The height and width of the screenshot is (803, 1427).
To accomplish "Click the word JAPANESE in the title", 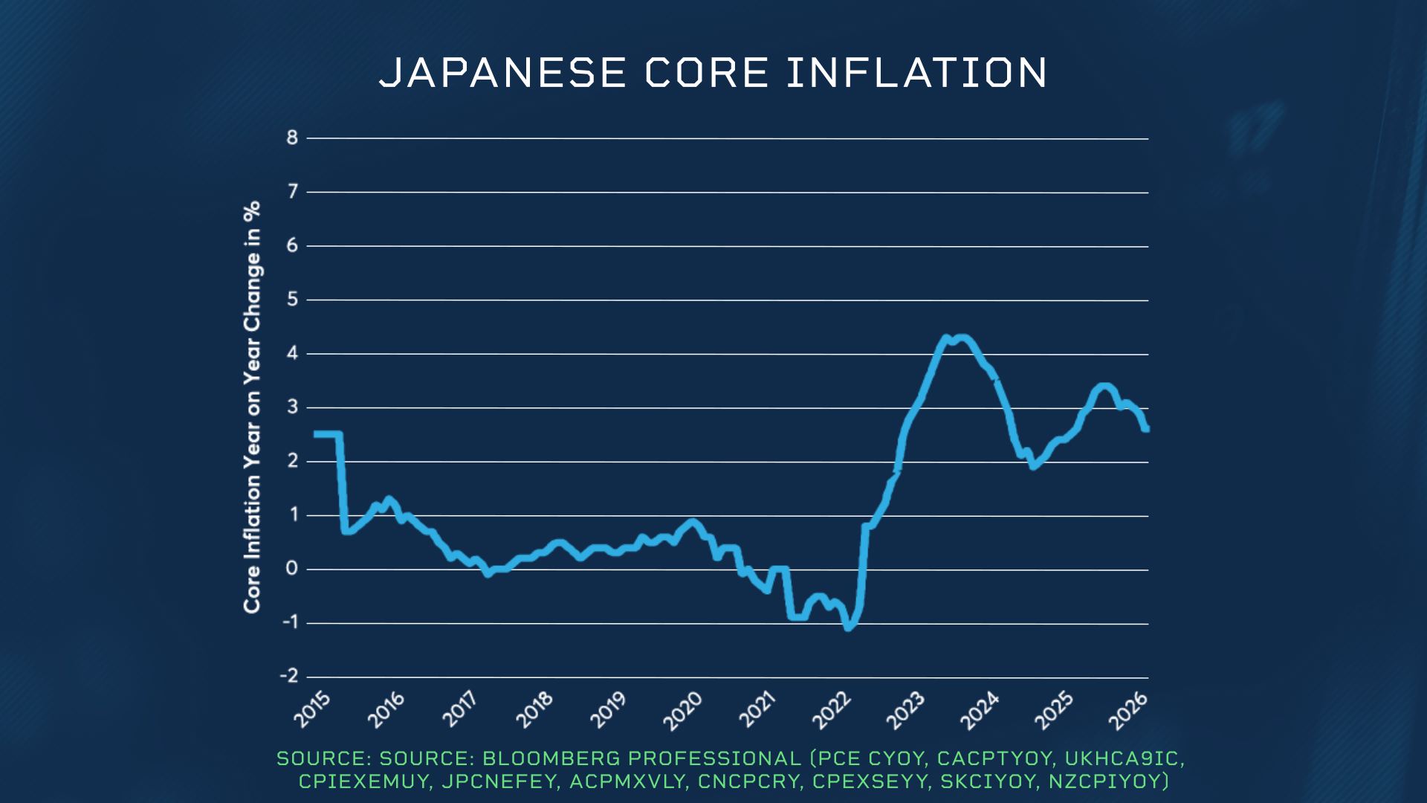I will click(502, 73).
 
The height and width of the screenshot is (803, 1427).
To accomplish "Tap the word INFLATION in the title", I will click(916, 73).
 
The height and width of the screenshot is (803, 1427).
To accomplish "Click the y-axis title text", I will click(253, 407).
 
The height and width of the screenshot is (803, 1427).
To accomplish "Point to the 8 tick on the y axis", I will click(292, 138).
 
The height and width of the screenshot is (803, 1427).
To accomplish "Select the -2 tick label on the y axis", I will click(289, 676).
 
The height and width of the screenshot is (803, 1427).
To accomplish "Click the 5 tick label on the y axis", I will click(292, 299).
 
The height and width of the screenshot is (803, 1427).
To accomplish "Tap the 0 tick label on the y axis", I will click(292, 569).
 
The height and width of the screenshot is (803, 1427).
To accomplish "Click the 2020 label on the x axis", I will click(683, 709).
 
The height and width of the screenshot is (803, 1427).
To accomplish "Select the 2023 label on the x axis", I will click(905, 709).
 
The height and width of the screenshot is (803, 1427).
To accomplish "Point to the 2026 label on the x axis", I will click(1128, 709).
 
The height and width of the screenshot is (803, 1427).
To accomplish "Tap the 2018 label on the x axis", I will click(535, 709).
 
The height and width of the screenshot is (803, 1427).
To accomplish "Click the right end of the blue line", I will click(1147, 429).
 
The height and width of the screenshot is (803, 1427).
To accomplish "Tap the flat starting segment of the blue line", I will click(328, 434).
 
